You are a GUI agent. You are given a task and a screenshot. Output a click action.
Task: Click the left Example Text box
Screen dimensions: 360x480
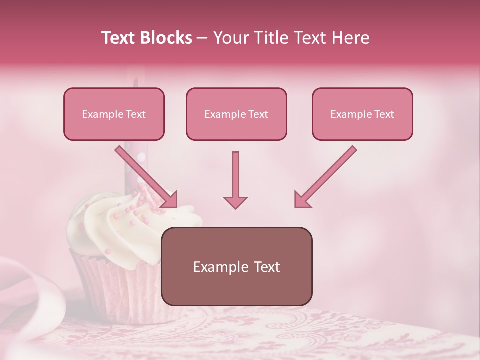point(114,114)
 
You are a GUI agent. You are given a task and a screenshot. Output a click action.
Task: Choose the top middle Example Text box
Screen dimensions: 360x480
point(236,114)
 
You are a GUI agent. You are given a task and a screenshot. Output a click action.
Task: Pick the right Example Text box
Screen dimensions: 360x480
point(362,114)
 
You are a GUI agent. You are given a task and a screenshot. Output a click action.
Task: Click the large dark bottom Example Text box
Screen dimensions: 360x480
point(236,266)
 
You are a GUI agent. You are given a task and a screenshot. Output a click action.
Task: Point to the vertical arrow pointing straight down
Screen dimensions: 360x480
point(235,175)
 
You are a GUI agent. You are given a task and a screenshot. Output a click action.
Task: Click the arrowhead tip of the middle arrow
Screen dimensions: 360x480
point(235,206)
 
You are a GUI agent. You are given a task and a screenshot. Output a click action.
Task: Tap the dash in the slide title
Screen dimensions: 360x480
point(202,38)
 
